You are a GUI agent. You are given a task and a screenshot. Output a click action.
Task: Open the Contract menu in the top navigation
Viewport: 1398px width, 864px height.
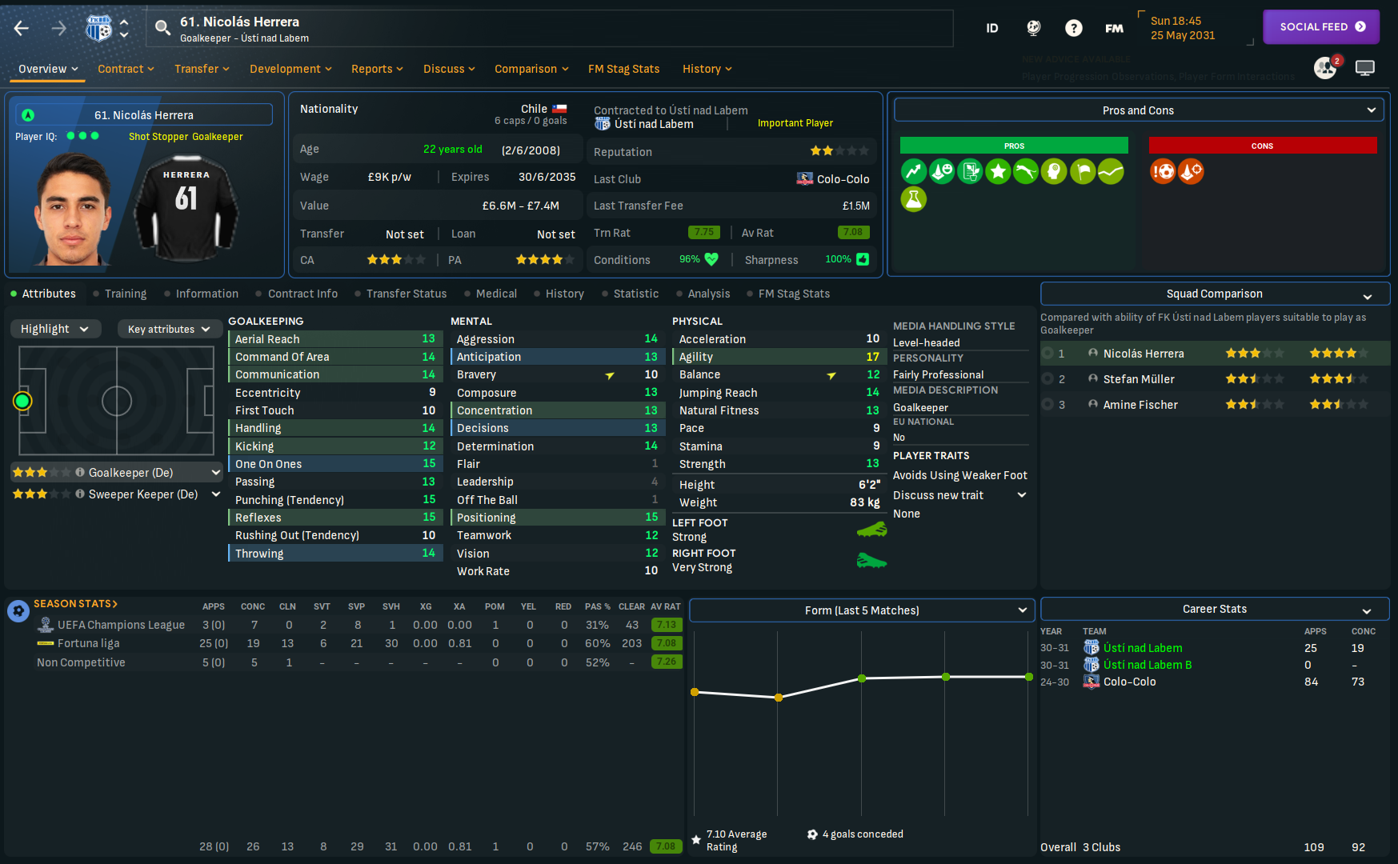click(x=125, y=69)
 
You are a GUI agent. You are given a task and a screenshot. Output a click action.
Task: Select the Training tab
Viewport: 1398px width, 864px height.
click(x=126, y=294)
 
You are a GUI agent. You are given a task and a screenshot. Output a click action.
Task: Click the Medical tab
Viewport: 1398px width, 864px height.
click(x=496, y=294)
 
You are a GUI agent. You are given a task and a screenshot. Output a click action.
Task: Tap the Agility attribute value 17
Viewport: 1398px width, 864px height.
click(x=872, y=357)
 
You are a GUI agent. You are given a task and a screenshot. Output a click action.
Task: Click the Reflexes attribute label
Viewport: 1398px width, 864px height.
click(x=258, y=518)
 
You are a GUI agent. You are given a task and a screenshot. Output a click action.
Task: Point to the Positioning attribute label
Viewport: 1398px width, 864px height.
click(x=486, y=518)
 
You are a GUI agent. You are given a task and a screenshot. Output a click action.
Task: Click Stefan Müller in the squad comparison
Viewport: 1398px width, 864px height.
click(x=1139, y=379)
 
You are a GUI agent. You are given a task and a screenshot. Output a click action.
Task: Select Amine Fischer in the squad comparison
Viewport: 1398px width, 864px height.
click(x=1140, y=405)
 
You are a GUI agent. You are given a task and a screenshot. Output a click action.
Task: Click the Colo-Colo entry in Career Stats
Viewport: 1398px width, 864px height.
click(x=1129, y=682)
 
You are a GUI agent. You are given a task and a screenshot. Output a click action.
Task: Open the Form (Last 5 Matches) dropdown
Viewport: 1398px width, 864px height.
click(x=862, y=610)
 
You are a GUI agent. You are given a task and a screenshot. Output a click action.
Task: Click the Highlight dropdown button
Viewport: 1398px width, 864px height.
click(x=54, y=329)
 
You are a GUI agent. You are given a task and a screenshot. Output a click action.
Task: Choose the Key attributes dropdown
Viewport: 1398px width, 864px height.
click(x=168, y=329)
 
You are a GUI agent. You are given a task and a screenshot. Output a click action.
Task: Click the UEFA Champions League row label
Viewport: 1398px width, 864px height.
click(x=121, y=625)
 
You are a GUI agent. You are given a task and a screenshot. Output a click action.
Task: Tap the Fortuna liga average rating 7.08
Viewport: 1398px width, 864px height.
click(x=666, y=643)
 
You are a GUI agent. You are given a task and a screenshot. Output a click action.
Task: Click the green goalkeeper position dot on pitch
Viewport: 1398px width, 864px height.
click(x=22, y=401)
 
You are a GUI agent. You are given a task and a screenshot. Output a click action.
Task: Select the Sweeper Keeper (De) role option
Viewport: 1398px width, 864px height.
click(x=142, y=494)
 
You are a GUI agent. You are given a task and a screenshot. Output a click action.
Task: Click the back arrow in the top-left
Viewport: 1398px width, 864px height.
click(x=22, y=29)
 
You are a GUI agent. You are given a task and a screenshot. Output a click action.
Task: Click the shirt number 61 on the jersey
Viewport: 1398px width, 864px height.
click(x=186, y=198)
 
